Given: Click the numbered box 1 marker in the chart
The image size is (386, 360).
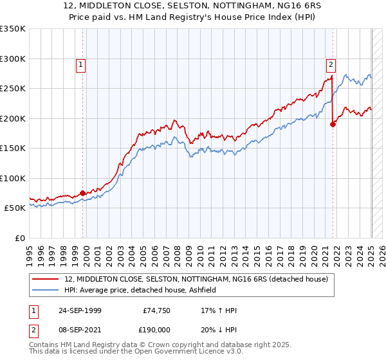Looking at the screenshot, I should [80, 64].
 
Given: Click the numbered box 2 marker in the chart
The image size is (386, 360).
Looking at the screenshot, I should [330, 64].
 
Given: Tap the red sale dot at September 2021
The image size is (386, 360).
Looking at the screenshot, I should [333, 125].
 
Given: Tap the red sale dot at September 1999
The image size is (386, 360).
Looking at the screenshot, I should [83, 194].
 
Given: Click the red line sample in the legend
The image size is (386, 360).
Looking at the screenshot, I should [46, 279].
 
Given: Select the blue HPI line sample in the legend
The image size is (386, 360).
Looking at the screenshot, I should [46, 290].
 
